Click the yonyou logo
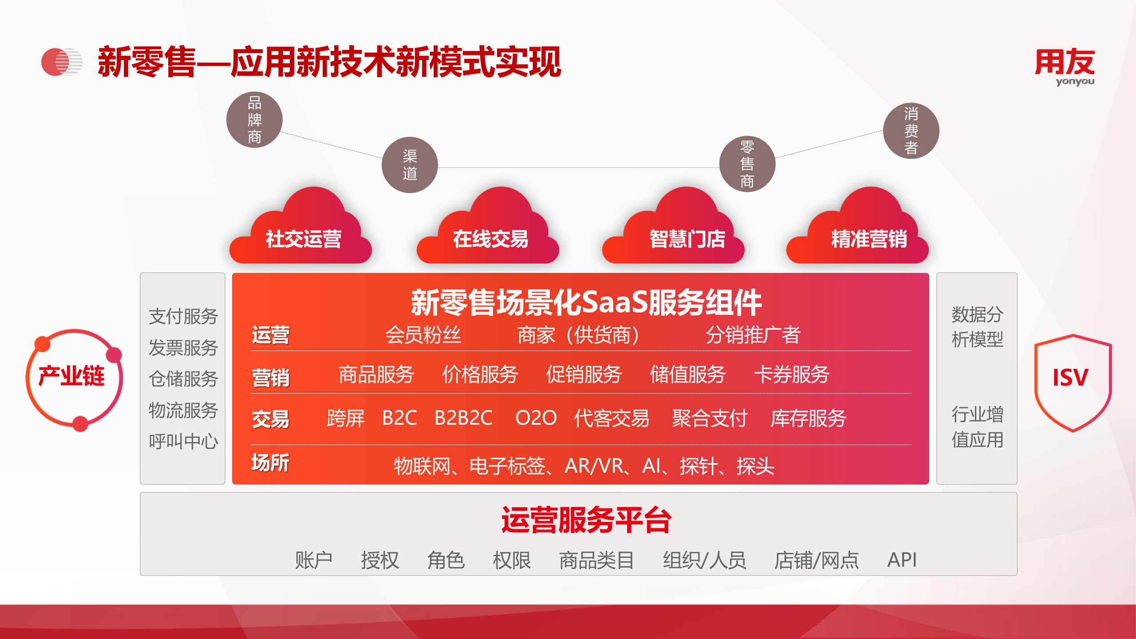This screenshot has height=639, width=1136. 1065,66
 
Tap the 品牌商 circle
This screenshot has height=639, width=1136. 254,120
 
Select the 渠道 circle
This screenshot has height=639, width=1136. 410,165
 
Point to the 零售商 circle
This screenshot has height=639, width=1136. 747,164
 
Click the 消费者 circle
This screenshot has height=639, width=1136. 911,131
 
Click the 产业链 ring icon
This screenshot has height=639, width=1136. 74,379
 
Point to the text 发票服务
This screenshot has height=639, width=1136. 183,347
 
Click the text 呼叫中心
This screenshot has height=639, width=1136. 183,441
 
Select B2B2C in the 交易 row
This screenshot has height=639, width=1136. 463,418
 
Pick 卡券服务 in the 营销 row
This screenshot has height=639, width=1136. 792,375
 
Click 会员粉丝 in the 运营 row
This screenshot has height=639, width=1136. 423,335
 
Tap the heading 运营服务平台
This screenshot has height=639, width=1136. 586,520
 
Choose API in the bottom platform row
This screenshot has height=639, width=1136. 902,560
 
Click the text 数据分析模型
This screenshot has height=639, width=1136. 977,327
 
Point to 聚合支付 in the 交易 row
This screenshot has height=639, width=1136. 710,418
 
